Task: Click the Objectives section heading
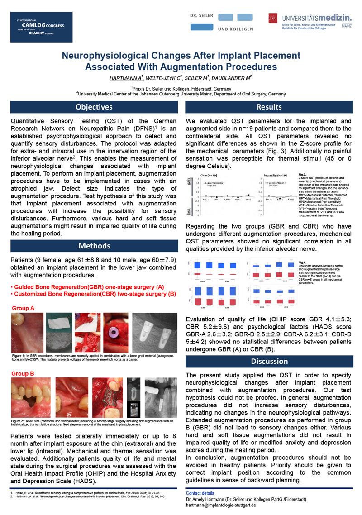pyautogui.click(x=94, y=107)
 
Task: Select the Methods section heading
pyautogui.click(x=94, y=246)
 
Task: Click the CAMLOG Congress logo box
pyautogui.click(x=42, y=27)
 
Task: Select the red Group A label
pyautogui.click(x=23, y=308)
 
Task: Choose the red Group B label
pyautogui.click(x=23, y=374)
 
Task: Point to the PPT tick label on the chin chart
pyautogui.click(x=248, y=199)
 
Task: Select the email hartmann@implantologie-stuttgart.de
pyautogui.click(x=221, y=505)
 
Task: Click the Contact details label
pyautogui.click(x=200, y=493)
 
